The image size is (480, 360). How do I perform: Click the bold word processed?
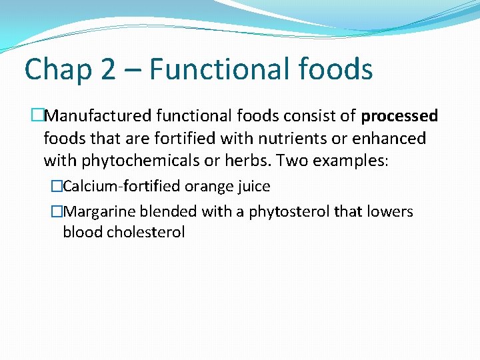coord(399,117)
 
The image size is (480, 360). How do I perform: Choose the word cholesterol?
coord(145,233)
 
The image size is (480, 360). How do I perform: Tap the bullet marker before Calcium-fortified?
coord(57,187)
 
